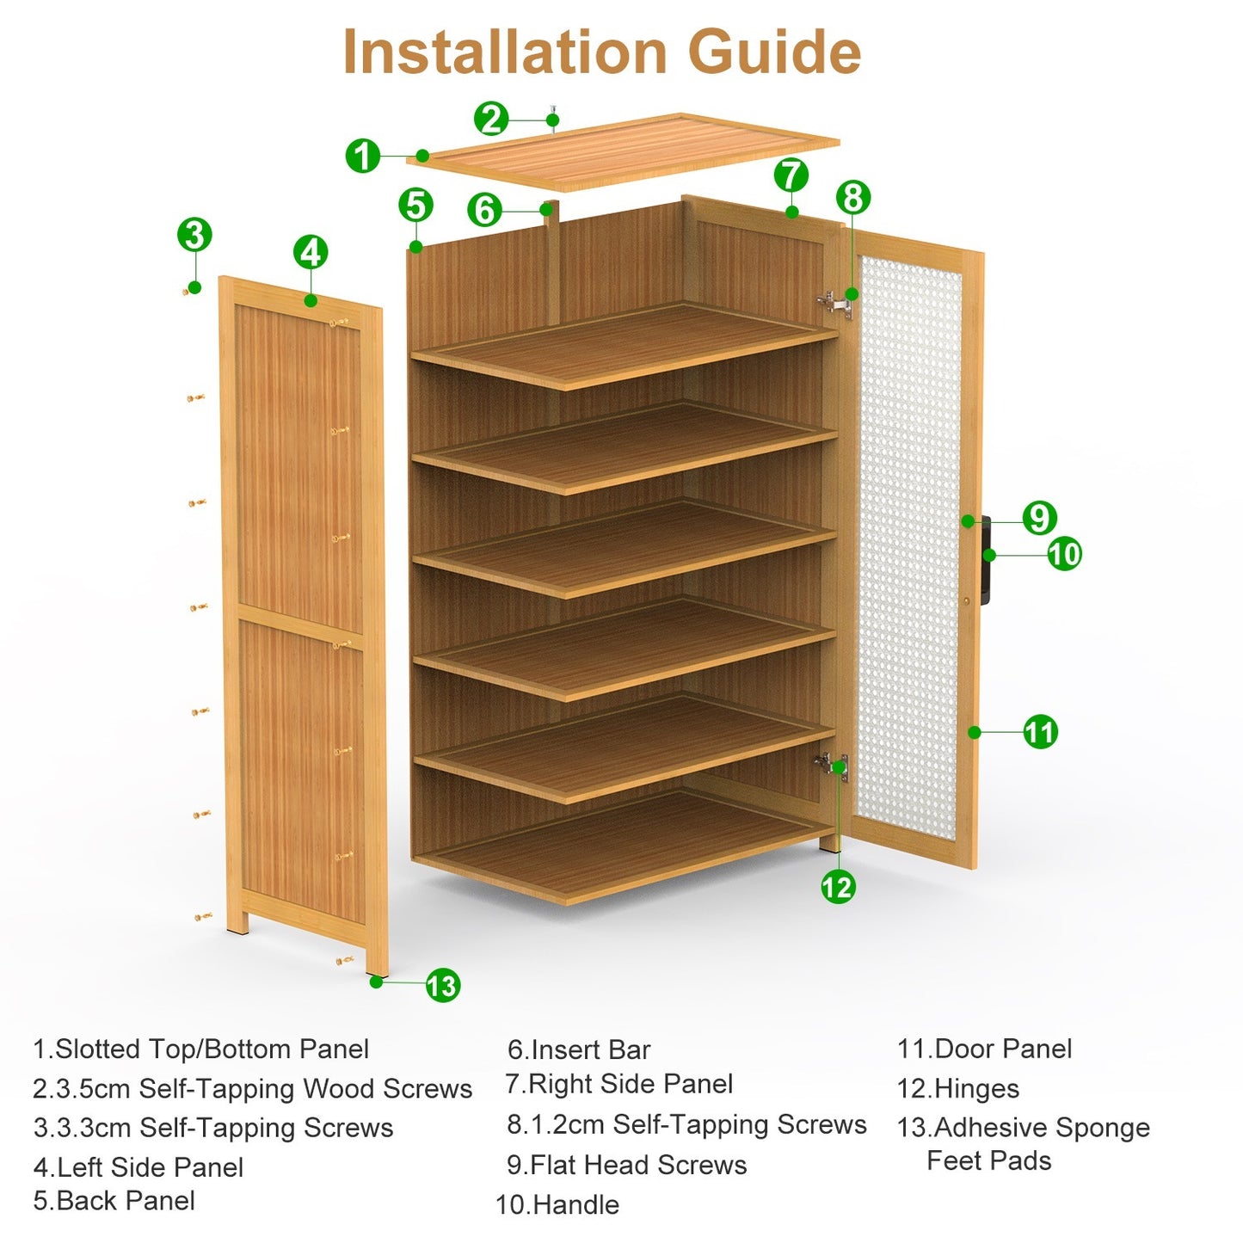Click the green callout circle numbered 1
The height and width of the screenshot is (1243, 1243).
tap(363, 156)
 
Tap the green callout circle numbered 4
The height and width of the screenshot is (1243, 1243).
tap(311, 253)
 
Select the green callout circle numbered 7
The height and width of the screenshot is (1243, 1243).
tap(791, 175)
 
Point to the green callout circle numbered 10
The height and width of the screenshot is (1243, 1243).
tap(1064, 554)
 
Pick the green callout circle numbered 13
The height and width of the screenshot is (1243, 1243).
tap(443, 985)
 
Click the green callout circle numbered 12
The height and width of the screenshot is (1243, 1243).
tap(837, 887)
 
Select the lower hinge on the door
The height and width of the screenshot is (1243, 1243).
tap(833, 765)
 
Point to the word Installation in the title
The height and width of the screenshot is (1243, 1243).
tap(505, 52)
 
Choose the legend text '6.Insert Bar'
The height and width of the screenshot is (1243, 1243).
tap(579, 1049)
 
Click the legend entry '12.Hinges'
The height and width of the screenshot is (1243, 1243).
tap(958, 1089)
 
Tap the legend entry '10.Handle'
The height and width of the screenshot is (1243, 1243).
tap(557, 1204)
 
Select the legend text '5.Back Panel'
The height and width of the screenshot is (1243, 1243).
tap(114, 1201)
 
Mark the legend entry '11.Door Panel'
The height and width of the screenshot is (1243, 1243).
tap(985, 1049)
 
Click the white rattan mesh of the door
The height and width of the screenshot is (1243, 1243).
tap(909, 551)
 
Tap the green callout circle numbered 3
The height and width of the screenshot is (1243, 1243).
tap(194, 235)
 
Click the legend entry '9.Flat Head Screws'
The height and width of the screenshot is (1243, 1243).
tap(627, 1165)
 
